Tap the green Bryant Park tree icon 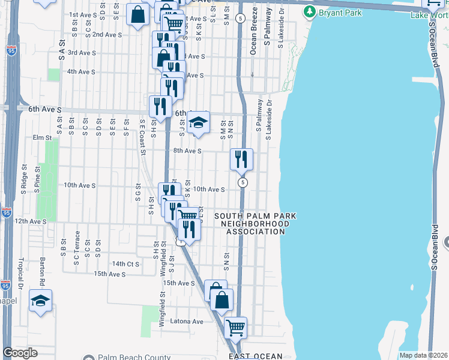(310, 11)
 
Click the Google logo (20, 353)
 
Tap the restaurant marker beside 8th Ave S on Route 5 (242, 160)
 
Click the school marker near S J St (197, 123)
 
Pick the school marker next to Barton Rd (40, 301)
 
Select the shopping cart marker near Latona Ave (235, 328)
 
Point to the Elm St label (42, 137)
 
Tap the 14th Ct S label (125, 263)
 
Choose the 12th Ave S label (30, 221)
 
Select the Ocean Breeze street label (253, 40)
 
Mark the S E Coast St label (143, 136)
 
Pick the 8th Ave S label (187, 151)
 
